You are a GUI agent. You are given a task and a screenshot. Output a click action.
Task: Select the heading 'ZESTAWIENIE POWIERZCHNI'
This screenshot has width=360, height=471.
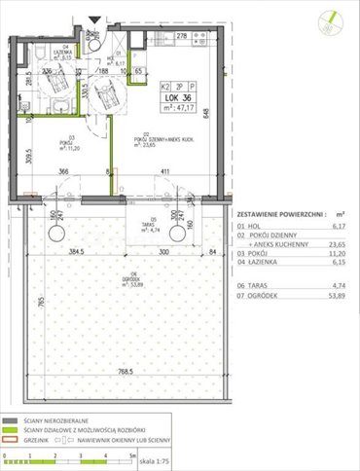[278, 210]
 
